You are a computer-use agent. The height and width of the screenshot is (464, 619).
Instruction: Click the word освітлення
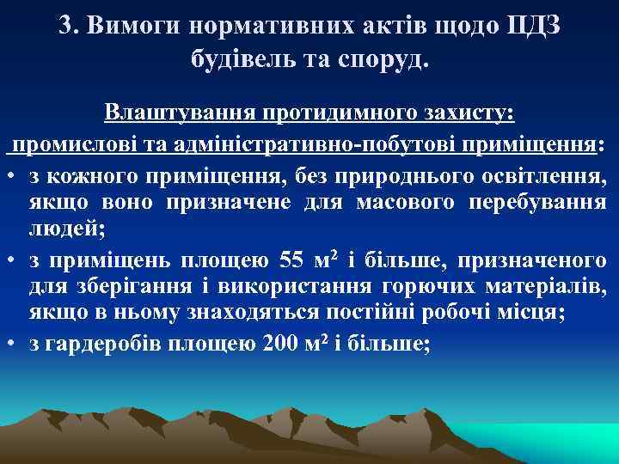[x=541, y=176]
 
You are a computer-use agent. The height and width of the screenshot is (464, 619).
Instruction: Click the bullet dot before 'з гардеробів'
[x=14, y=344]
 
